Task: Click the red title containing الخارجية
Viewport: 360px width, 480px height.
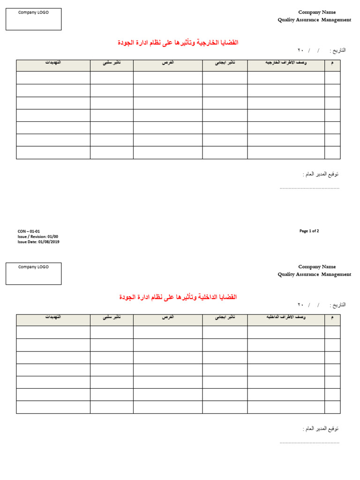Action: (x=178, y=43)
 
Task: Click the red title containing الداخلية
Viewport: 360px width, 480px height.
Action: (x=178, y=297)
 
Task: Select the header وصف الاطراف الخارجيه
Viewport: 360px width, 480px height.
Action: (x=285, y=63)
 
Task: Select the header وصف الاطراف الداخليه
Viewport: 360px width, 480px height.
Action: (x=285, y=317)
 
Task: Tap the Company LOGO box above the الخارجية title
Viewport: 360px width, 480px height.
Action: (x=33, y=19)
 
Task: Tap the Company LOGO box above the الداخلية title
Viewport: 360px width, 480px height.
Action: (x=33, y=274)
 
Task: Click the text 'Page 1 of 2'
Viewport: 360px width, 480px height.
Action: (x=309, y=231)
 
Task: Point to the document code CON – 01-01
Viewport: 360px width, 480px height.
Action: (x=29, y=232)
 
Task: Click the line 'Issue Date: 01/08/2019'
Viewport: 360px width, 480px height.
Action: (x=38, y=242)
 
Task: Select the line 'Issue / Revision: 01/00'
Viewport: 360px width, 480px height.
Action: (x=38, y=237)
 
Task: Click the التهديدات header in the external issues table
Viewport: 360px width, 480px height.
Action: (x=53, y=63)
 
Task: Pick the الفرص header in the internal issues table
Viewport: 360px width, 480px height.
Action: (x=168, y=317)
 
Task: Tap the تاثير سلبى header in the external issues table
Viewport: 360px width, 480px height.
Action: (x=112, y=63)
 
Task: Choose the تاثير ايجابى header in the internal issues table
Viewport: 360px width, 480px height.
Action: (x=225, y=317)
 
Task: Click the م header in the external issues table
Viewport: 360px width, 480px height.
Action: (x=332, y=63)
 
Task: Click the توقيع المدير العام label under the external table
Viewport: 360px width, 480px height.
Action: (x=321, y=174)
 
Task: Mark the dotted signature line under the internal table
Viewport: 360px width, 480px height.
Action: (x=309, y=442)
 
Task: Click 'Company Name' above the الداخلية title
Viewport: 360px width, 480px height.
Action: (x=317, y=267)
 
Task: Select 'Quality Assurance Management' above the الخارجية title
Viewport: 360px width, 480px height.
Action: (x=314, y=20)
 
